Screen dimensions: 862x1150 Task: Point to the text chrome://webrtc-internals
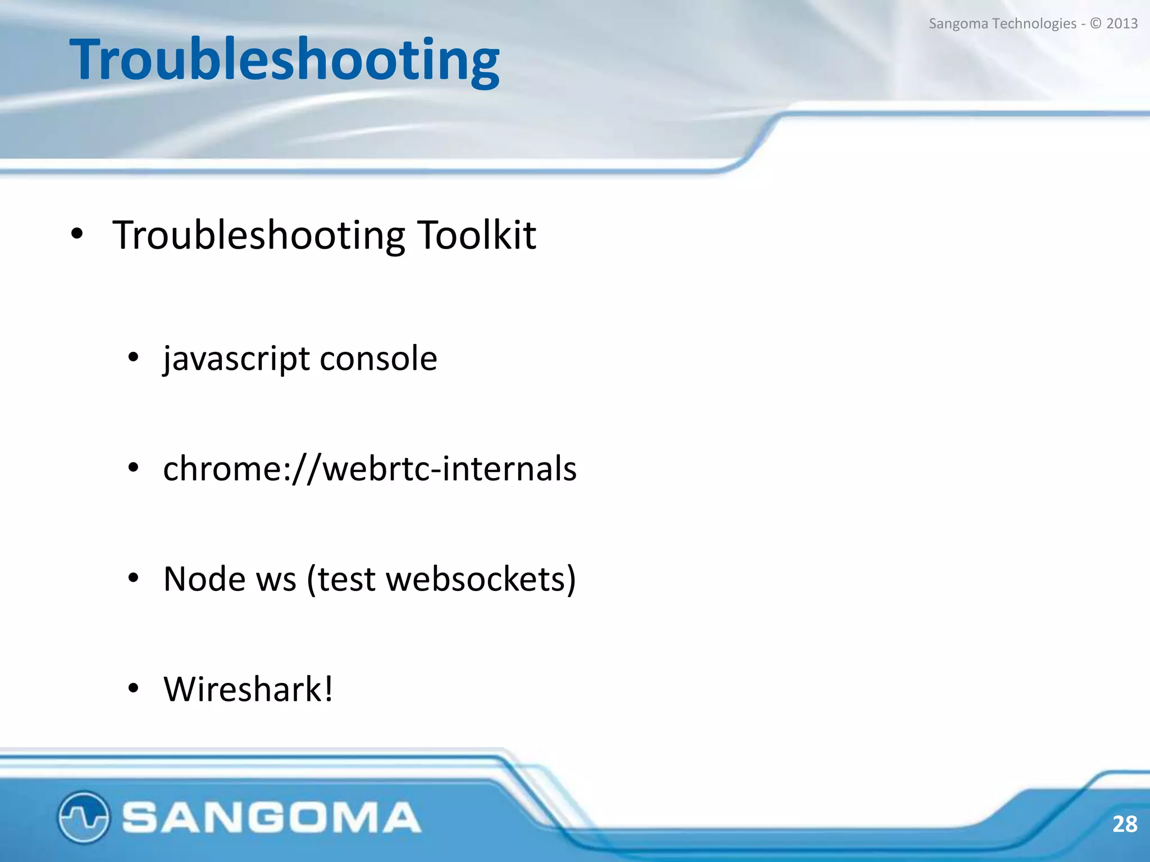tap(369, 469)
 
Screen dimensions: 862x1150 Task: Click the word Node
tap(204, 579)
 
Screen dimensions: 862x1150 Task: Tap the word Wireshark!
tap(248, 689)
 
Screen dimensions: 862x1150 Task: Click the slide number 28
tap(1124, 824)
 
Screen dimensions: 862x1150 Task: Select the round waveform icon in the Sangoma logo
tap(83, 817)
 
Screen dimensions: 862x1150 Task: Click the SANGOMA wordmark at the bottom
tap(271, 817)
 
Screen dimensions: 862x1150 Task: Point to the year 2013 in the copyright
tap(1122, 24)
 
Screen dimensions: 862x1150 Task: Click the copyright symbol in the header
tap(1096, 24)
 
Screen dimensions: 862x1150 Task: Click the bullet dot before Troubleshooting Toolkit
tap(77, 235)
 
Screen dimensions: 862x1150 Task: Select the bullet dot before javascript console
tap(133, 358)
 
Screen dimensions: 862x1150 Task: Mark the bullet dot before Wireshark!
tap(133, 689)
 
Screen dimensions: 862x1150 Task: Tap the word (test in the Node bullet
tap(341, 579)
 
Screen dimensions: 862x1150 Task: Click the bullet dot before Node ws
tap(133, 578)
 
